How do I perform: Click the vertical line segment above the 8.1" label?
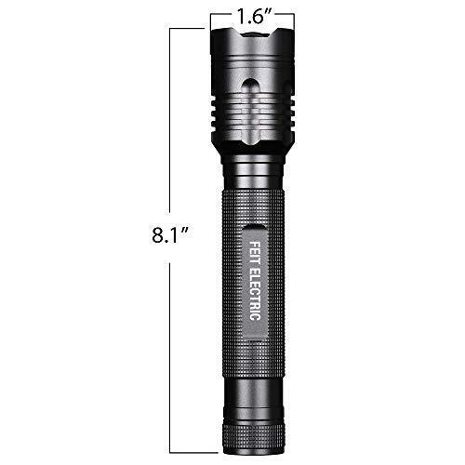(170, 121)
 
